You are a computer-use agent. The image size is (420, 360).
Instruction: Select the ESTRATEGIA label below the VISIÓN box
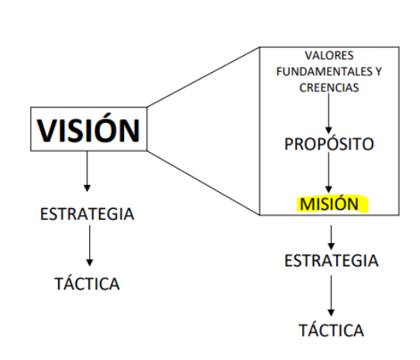tap(87, 214)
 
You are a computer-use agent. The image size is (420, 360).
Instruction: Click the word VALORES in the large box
tap(329, 56)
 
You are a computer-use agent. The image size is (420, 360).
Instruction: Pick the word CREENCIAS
tap(329, 87)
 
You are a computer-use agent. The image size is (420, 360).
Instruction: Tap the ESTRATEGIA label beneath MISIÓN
tap(332, 261)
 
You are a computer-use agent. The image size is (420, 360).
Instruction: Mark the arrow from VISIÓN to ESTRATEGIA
tap(87, 172)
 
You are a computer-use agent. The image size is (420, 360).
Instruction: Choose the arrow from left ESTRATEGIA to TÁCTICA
tap(90, 245)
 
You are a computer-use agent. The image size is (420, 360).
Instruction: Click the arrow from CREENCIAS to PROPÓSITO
tap(329, 113)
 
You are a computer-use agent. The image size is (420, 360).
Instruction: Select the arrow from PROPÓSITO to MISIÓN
tap(329, 173)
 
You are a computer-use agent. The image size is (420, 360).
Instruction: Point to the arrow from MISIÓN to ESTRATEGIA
tap(331, 238)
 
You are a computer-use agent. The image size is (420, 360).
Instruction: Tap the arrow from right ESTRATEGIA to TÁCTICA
tap(331, 296)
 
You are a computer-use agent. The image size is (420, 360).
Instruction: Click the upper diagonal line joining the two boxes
tap(203, 77)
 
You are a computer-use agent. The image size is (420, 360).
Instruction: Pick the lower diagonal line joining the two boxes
tap(203, 183)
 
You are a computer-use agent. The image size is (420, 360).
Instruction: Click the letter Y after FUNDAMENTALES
tap(378, 72)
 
